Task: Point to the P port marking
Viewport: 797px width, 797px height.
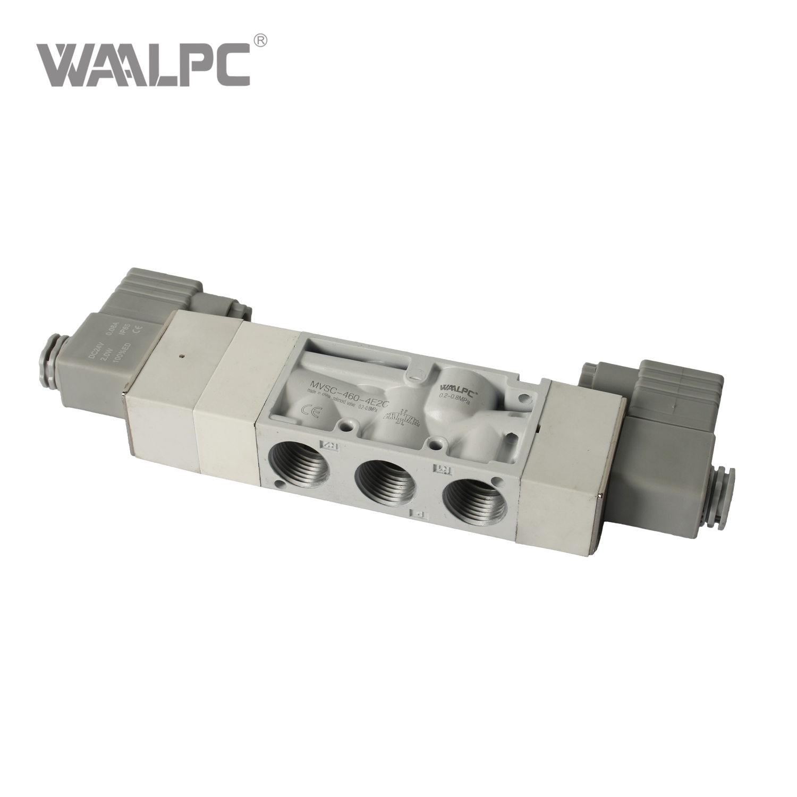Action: pyautogui.click(x=418, y=514)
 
